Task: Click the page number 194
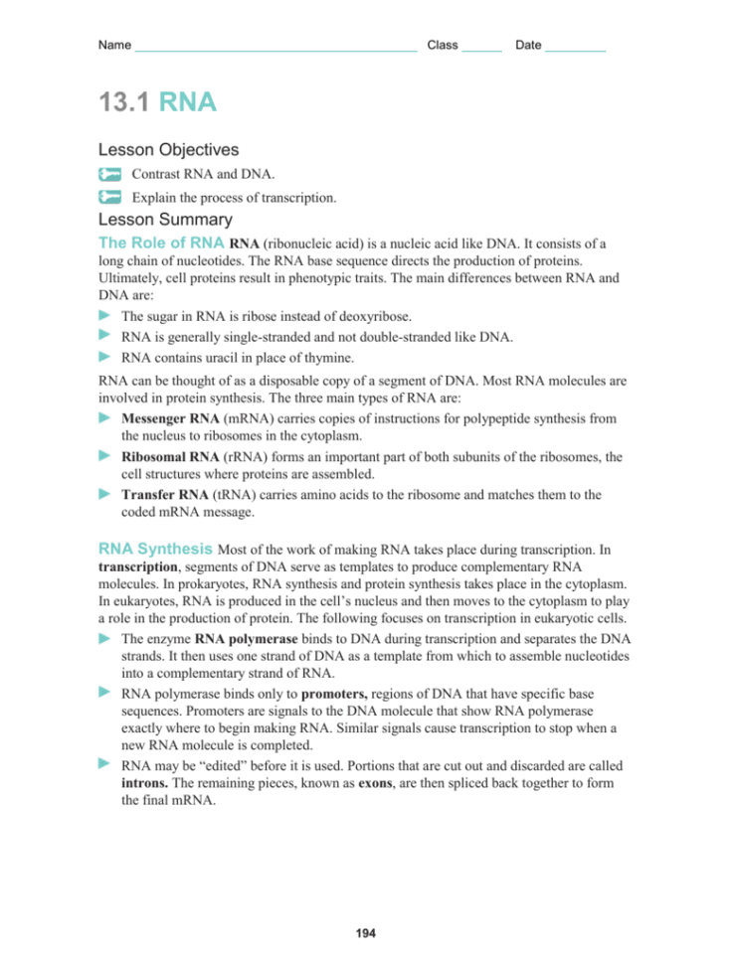365,934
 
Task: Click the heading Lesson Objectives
168,150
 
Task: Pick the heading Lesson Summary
165,220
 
